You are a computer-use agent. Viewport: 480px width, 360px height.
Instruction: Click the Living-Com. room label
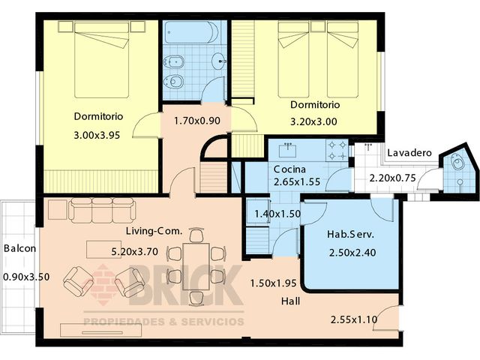click(154, 231)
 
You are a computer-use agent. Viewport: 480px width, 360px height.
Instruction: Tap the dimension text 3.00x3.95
click(97, 135)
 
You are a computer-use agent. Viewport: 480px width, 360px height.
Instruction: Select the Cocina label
click(289, 169)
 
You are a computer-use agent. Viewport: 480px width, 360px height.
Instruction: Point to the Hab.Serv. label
click(350, 235)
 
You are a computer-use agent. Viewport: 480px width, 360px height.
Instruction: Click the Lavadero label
click(409, 153)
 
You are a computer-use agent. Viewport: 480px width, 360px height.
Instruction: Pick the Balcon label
click(20, 248)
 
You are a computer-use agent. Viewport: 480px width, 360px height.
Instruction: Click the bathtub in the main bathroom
click(192, 32)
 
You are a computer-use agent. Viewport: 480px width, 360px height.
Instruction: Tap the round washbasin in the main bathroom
click(220, 61)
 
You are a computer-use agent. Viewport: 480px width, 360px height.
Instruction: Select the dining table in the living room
click(196, 266)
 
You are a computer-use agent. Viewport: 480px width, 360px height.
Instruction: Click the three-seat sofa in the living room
click(102, 210)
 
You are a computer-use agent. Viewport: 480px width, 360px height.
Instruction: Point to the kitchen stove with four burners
click(337, 150)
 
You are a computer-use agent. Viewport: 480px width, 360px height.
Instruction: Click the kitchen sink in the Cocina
click(288, 150)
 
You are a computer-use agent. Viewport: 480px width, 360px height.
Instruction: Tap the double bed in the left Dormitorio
click(102, 59)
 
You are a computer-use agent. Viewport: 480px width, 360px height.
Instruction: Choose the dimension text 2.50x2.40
click(352, 253)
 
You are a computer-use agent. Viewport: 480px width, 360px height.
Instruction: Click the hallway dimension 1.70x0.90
click(196, 121)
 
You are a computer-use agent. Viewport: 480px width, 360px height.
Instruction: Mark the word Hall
click(290, 301)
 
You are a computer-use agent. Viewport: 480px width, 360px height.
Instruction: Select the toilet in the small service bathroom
click(458, 162)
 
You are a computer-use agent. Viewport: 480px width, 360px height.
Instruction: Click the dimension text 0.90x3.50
click(26, 277)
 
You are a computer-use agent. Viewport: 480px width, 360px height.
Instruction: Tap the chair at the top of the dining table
click(196, 235)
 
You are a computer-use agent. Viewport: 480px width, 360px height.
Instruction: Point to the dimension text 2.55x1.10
click(354, 320)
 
